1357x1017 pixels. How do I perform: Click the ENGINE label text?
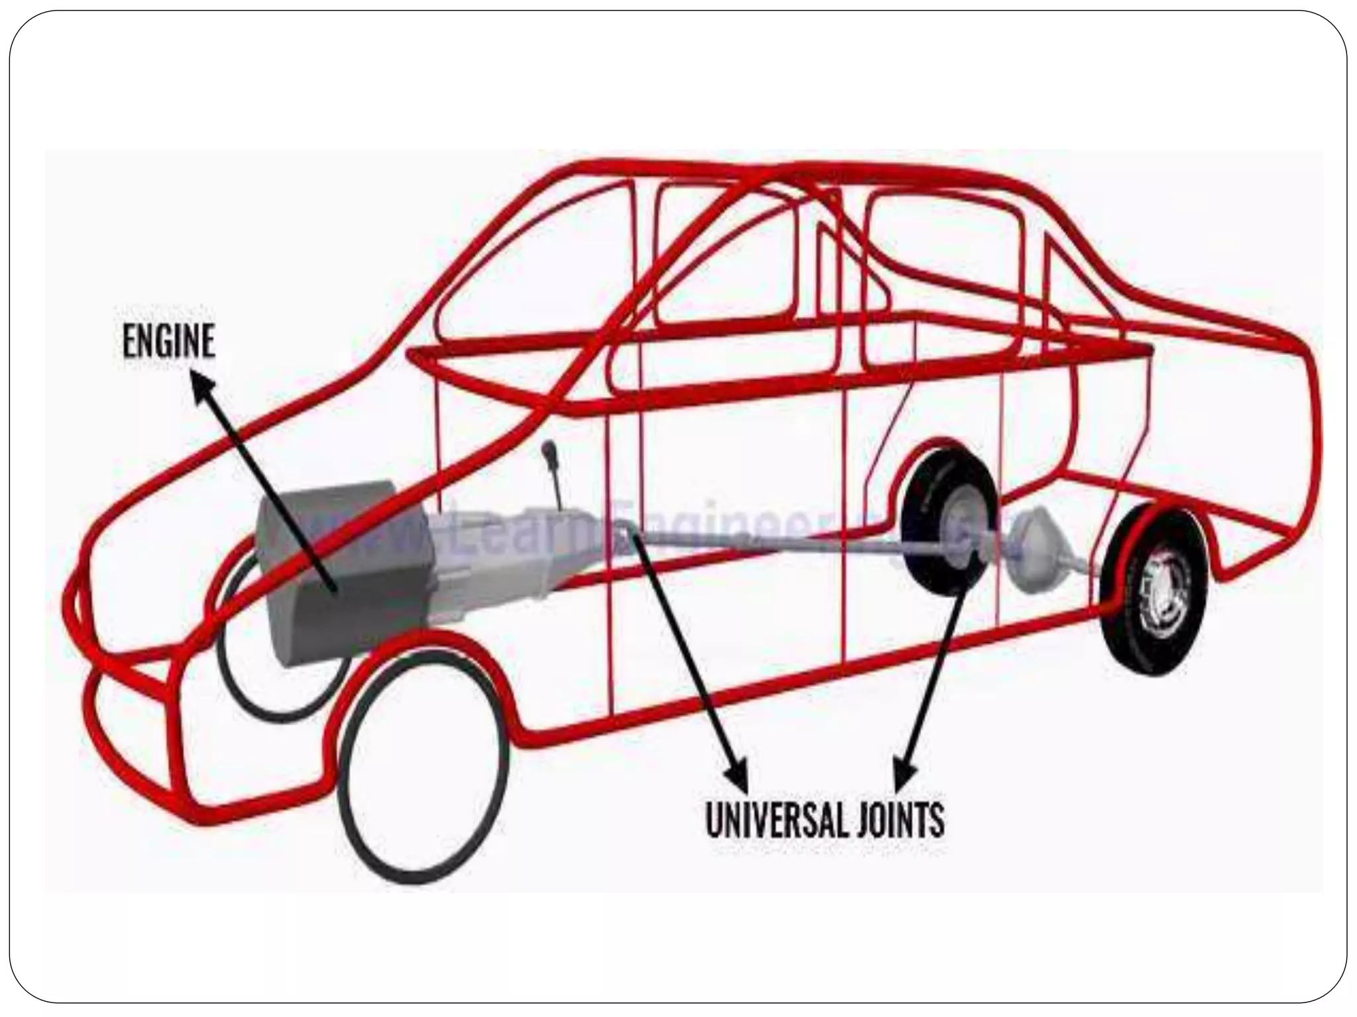coord(169,342)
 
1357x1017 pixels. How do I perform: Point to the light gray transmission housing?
coord(490,556)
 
